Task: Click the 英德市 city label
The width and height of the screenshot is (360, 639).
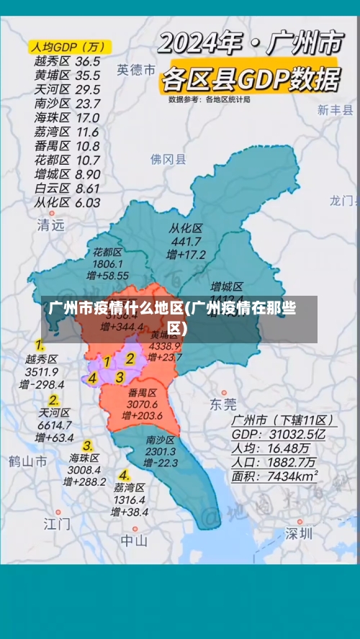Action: point(136,70)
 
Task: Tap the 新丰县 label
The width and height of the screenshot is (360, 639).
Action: point(336,110)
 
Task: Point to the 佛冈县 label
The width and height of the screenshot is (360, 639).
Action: point(168,158)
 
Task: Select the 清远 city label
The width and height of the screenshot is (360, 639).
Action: point(50,225)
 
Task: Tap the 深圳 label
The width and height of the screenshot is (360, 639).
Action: point(299,534)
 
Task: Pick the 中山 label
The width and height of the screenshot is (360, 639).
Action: point(134,540)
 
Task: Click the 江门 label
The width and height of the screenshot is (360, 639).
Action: point(57,523)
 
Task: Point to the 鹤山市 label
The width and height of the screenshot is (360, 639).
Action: point(28,461)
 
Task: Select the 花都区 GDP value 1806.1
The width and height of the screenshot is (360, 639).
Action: point(107,264)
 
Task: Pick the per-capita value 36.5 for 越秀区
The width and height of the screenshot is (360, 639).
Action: point(87,61)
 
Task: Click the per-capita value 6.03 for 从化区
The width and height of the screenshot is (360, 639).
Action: point(87,202)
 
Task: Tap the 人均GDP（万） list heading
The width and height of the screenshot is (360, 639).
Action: point(68,47)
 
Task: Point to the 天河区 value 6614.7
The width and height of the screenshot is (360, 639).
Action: point(54,425)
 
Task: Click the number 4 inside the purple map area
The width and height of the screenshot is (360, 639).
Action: point(92,377)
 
